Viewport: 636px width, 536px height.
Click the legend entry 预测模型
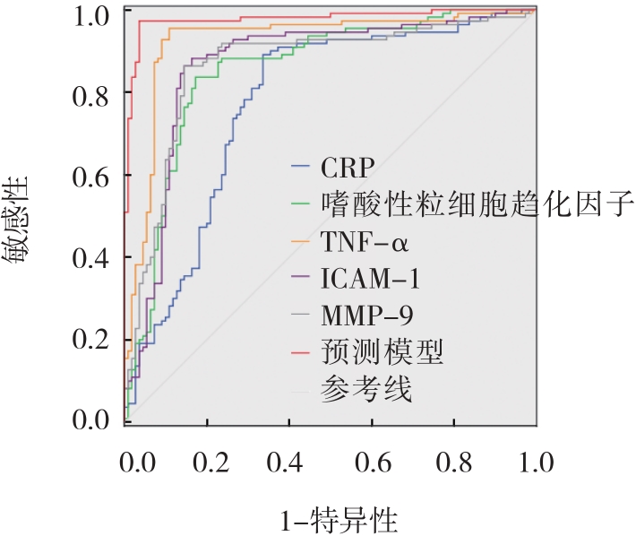click(382, 352)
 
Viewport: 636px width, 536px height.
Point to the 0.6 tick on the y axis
click(90, 176)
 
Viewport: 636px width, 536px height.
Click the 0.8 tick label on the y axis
click(90, 95)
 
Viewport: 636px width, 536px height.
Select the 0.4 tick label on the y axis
click(90, 257)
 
